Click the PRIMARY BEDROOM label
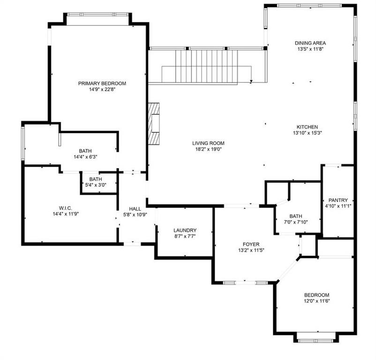click(102, 83)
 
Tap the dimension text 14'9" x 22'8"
click(102, 89)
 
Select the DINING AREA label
click(310, 43)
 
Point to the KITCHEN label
click(307, 127)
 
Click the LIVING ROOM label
click(208, 143)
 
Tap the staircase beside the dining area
click(206, 66)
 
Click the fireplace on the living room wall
click(154, 125)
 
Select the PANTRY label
click(338, 200)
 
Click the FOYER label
click(251, 244)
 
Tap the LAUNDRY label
click(185, 230)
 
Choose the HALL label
click(135, 209)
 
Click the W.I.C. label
click(66, 207)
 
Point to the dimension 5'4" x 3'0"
click(96, 185)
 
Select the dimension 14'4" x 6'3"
click(85, 157)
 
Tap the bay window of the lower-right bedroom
click(315, 337)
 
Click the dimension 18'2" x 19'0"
click(208, 149)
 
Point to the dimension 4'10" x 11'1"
click(338, 205)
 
